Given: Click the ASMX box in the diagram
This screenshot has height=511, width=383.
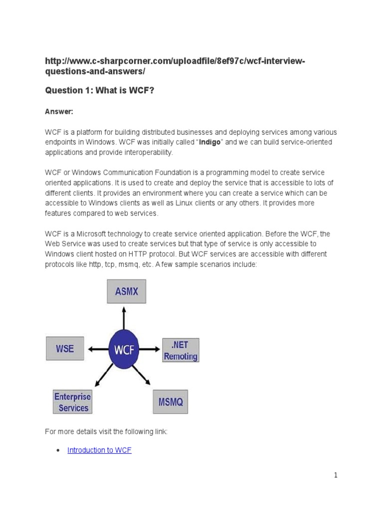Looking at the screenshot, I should tap(127, 291).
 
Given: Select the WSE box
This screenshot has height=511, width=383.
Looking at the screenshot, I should tap(65, 348).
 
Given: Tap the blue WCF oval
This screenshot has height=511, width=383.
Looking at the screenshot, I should tap(124, 349).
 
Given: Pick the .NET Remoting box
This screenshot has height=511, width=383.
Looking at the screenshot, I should tap(181, 350).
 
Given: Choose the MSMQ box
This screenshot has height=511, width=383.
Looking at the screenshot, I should tap(170, 402).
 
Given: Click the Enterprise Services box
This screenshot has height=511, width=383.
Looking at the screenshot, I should tap(73, 402).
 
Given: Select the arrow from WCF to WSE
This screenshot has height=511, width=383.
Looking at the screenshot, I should tap(97, 349).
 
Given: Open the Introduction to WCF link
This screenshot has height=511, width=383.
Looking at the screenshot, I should tap(99, 450).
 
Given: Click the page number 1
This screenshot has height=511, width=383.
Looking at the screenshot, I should tap(336, 475).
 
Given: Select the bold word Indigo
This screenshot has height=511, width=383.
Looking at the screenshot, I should tap(211, 142).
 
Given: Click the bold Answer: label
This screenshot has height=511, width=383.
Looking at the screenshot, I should tap(59, 112).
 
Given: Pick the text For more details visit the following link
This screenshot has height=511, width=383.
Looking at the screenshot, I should tap(106, 431).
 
